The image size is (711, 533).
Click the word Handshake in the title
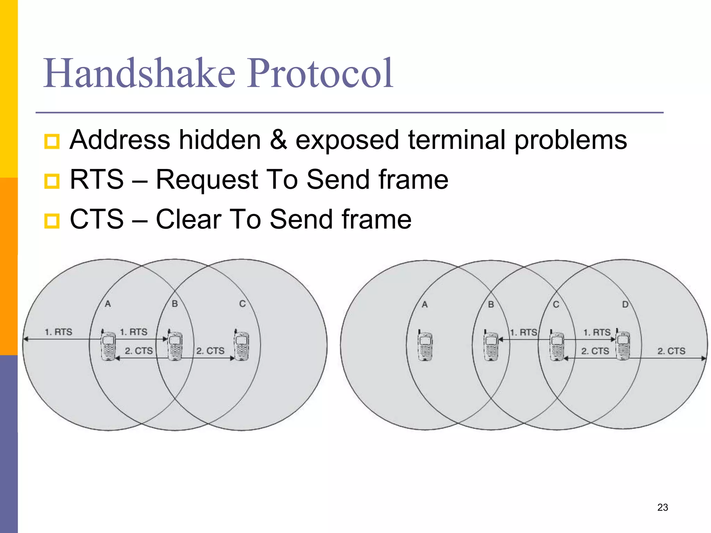(x=139, y=74)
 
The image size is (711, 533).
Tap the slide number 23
(x=662, y=507)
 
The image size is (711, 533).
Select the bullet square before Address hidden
(x=52, y=141)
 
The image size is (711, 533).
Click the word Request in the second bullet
(x=206, y=180)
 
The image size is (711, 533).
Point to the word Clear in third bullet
(x=189, y=219)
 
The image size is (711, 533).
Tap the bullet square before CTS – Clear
(x=52, y=221)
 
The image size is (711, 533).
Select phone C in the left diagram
(x=242, y=346)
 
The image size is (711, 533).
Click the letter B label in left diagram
(x=175, y=304)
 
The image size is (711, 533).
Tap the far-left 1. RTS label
(x=58, y=332)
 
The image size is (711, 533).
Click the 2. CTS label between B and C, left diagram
(x=210, y=351)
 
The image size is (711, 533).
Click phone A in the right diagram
(x=425, y=346)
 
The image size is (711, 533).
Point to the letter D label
(x=625, y=305)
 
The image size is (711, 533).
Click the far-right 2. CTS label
(x=671, y=351)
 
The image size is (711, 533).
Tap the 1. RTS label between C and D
(x=596, y=332)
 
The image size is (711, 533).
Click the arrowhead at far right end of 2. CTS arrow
(x=704, y=358)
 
